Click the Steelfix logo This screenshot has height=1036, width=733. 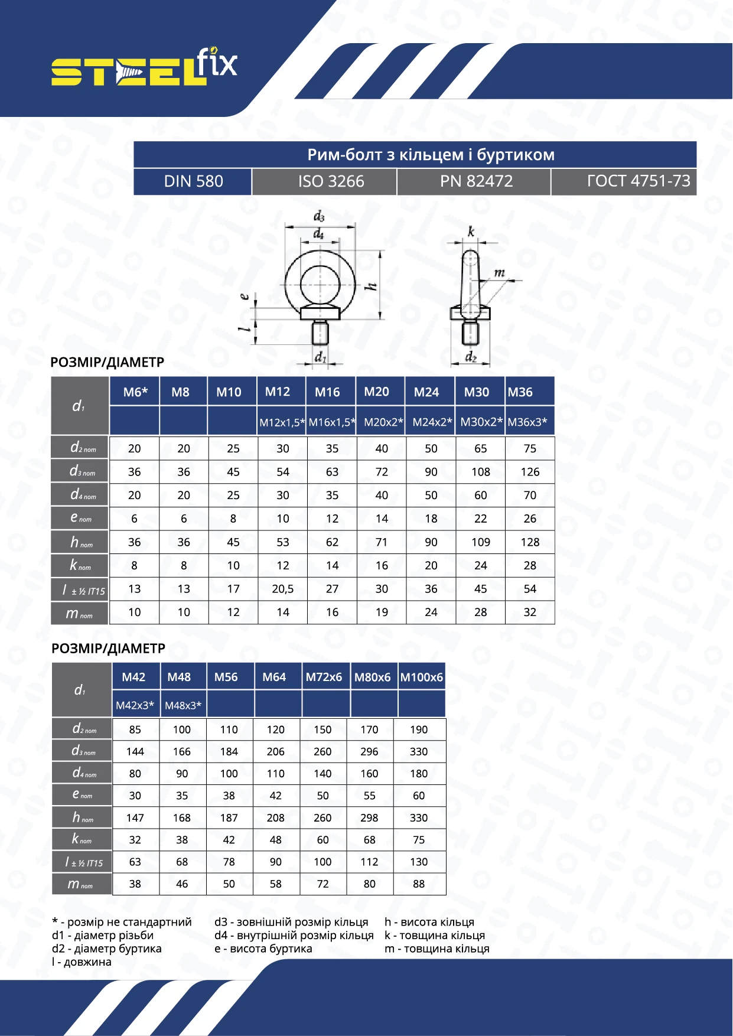coord(144,67)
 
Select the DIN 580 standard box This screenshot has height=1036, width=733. coord(193,181)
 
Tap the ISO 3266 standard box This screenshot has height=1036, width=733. coord(331,181)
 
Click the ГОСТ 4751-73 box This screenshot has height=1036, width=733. coord(638,181)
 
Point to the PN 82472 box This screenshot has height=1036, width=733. coord(476,181)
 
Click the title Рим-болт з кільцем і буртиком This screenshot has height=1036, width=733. coord(431,155)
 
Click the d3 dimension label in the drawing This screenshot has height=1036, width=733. coord(319,217)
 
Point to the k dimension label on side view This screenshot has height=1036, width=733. coord(471,232)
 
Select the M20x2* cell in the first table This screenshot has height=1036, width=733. coord(383,422)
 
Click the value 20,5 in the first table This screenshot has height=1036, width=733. coord(283,589)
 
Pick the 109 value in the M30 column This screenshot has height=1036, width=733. coord(481,542)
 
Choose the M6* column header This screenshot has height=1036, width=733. coord(135,392)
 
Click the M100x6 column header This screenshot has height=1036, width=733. coord(421,677)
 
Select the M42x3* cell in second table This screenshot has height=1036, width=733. coord(135,705)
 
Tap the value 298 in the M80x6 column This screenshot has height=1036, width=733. coord(369,818)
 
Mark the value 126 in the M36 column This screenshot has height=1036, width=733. coord(530,472)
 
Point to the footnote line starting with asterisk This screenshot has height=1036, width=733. coord(122,922)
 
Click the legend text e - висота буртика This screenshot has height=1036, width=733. coord(263,949)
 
